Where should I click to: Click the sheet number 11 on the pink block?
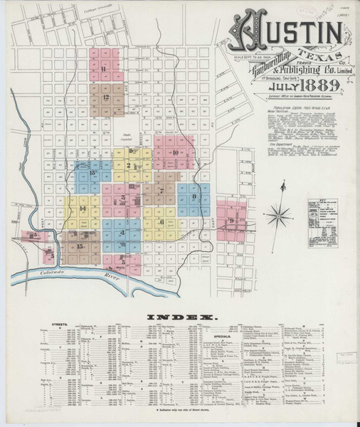pos(104,68)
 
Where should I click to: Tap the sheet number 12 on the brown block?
pos(105,95)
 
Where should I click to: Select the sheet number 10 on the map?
pos(175,152)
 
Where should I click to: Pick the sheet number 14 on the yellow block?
pos(83,208)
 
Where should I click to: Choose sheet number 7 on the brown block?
pos(162,190)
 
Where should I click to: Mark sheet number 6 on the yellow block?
pos(162,221)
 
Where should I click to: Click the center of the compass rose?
pos(282,212)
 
